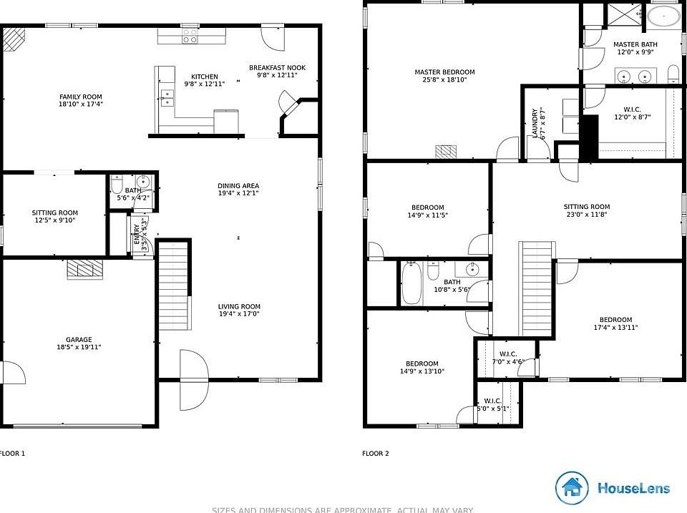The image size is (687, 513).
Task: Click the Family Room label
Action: coord(80,97)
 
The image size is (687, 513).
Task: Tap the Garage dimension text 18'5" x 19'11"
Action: coord(79,348)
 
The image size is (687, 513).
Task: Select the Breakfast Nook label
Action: coord(273,68)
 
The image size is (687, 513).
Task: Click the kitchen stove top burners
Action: coord(190,37)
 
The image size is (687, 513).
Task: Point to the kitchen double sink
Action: coord(168,98)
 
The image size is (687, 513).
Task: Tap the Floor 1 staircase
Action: coord(173,285)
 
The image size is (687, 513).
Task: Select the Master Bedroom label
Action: coord(444,72)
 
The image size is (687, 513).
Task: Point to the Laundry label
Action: coord(535,122)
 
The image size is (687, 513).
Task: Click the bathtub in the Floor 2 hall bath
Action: coord(412,284)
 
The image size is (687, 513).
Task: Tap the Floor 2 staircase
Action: coord(537,289)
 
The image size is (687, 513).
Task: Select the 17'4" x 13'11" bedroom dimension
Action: coord(615,328)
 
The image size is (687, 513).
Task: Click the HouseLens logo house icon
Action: coord(572,488)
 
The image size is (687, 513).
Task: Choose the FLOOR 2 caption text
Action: coord(376,453)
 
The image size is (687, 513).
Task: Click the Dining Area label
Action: coord(238,186)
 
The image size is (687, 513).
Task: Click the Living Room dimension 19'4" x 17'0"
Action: coord(239,313)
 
